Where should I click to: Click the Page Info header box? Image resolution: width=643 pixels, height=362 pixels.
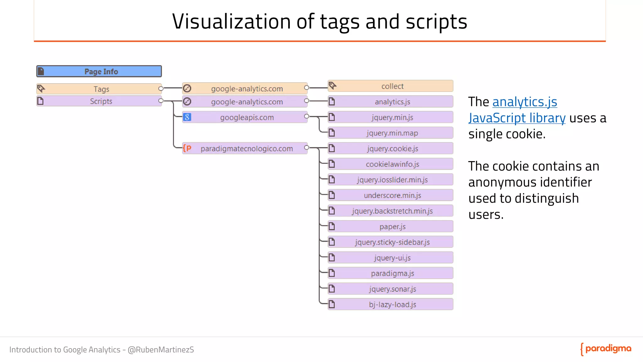pos(99,71)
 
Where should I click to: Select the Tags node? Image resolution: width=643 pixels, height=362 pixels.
pos(99,89)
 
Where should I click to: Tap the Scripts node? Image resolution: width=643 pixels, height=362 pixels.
pos(99,101)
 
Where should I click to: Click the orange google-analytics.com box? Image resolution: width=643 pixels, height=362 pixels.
pos(245,89)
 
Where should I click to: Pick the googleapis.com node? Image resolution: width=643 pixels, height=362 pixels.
pos(245,117)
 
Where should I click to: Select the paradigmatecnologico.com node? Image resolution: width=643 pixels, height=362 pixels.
pos(245,148)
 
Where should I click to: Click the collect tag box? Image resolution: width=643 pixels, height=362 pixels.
pos(391,86)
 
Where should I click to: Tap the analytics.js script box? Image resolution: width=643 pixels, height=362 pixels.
pos(391,102)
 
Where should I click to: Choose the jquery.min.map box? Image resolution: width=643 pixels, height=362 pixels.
pos(391,133)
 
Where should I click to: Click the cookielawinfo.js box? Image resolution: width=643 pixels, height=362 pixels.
pos(391,164)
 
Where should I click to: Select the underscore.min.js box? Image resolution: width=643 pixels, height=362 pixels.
pos(391,195)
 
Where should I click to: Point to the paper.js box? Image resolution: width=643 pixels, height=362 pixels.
pos(391,226)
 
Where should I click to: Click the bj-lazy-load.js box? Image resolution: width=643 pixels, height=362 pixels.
pos(391,304)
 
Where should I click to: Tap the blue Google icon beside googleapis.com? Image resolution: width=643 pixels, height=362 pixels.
pos(187,117)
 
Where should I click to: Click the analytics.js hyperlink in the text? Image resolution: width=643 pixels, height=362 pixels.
pos(525,102)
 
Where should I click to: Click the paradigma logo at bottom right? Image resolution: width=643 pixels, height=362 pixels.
pos(606,349)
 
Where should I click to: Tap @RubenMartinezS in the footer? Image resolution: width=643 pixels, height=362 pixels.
pos(161,350)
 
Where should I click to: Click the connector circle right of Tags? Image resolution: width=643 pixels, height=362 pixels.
pos(161,89)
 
